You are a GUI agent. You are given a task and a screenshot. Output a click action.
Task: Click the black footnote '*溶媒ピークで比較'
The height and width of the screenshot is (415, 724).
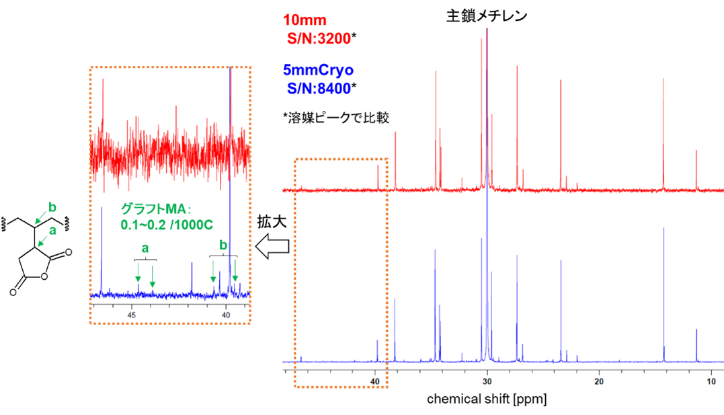tap(337, 118)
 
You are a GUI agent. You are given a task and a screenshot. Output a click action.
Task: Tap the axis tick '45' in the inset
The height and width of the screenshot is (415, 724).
tap(132, 314)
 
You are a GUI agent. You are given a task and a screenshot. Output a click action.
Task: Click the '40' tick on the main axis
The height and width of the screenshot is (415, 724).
tap(375, 381)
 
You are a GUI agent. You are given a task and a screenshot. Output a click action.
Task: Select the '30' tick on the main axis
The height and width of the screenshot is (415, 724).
tap(487, 381)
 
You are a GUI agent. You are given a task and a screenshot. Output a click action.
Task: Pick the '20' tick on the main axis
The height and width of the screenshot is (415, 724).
tap(599, 381)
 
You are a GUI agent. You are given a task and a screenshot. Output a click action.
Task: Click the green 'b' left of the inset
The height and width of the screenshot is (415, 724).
tap(51, 206)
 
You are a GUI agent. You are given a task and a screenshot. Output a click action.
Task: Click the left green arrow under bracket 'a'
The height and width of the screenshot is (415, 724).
tap(138, 273)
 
